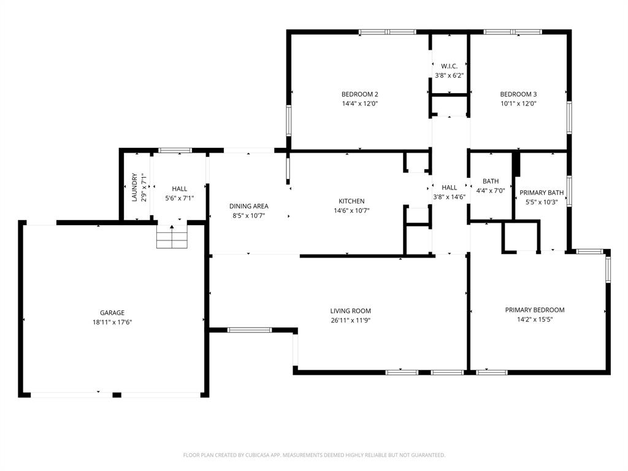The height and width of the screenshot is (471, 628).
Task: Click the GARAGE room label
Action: click(x=112, y=313)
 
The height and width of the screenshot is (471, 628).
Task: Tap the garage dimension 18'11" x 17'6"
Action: click(x=112, y=321)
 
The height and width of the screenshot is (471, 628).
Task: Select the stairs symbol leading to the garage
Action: click(x=172, y=237)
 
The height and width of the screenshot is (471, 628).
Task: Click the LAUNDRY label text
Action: click(x=134, y=188)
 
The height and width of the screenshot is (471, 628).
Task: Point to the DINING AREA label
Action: click(x=248, y=206)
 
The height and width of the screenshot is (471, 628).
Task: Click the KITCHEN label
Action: click(x=351, y=201)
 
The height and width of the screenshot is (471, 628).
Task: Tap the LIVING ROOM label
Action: click(x=350, y=311)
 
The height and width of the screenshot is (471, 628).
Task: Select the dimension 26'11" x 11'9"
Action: click(x=350, y=320)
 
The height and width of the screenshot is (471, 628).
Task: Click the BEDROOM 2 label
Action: click(x=359, y=94)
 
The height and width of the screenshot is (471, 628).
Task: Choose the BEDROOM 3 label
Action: click(x=518, y=94)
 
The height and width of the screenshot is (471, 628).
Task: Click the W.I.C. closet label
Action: click(x=449, y=66)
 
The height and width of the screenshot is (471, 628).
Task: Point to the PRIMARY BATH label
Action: click(x=542, y=193)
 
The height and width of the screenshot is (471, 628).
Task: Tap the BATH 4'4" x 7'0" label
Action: click(x=491, y=186)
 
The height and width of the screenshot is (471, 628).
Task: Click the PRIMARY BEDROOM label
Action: click(x=535, y=310)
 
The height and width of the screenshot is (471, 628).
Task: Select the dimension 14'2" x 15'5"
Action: click(x=535, y=319)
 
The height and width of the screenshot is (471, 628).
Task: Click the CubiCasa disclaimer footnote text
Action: click(x=314, y=455)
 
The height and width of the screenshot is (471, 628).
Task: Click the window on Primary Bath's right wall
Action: click(x=569, y=191)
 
